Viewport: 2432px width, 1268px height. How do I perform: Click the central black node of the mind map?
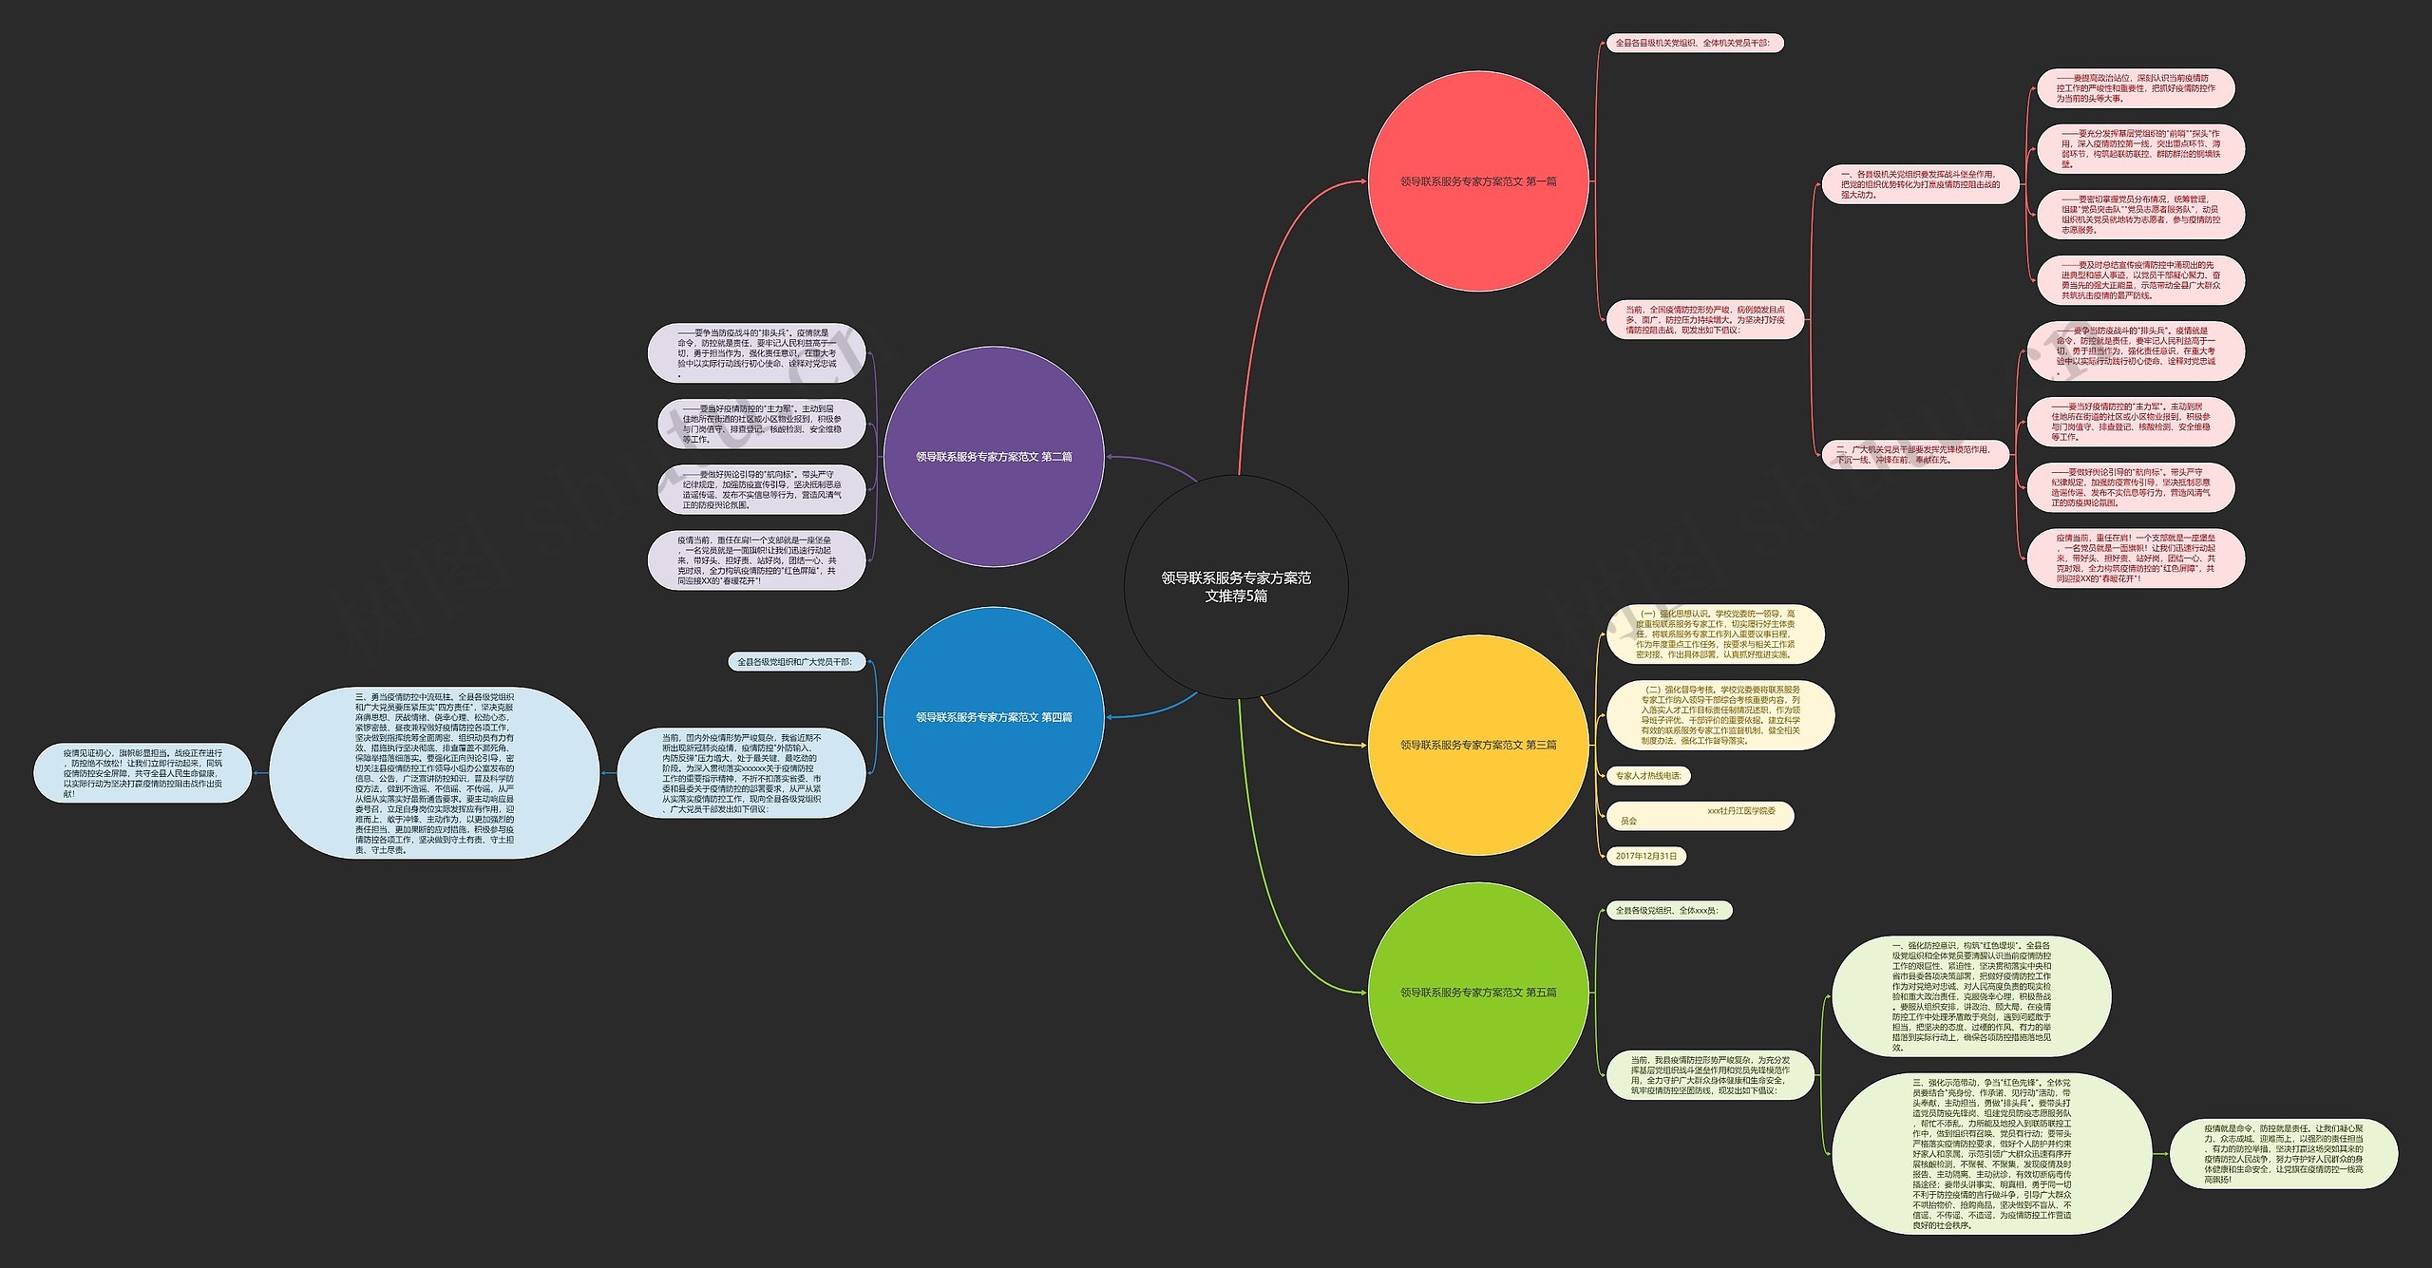tap(1235, 586)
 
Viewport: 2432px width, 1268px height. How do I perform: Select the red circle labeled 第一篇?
tap(1478, 181)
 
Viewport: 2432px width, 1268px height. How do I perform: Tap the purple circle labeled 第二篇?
tap(994, 457)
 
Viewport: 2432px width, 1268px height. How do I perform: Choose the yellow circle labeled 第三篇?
tap(1478, 745)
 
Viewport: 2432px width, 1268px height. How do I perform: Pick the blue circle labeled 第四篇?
tap(994, 717)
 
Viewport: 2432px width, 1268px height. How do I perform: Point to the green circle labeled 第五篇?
tap(1478, 993)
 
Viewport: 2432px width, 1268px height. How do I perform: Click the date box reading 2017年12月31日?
tap(1646, 856)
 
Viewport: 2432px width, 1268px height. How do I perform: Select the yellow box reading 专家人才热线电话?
tap(1648, 776)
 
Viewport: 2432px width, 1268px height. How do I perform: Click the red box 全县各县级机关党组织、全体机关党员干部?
tap(1692, 43)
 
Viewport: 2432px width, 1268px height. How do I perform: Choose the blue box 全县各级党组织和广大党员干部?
tap(794, 662)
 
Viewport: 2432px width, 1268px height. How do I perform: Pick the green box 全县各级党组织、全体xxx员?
tap(1667, 910)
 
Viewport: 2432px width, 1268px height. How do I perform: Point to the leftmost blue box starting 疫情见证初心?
tap(142, 773)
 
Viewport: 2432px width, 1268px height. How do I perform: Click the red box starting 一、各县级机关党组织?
tap(1919, 184)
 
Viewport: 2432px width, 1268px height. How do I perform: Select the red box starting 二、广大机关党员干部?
tap(1914, 454)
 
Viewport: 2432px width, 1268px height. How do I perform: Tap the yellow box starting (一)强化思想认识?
tap(1715, 634)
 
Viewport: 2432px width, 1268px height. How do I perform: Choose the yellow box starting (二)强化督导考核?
tap(1719, 715)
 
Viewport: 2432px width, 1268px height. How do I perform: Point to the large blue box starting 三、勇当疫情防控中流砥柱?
tap(434, 773)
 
